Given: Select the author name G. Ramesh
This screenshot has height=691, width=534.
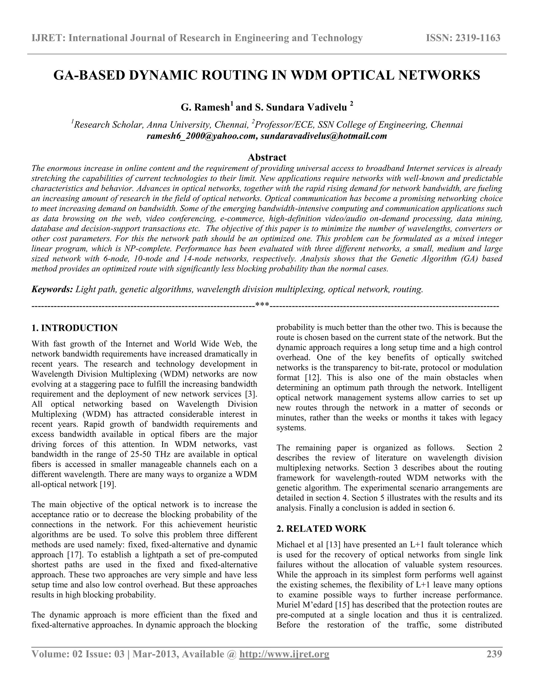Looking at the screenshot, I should [205, 108].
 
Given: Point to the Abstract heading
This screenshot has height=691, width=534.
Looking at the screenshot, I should [267, 157].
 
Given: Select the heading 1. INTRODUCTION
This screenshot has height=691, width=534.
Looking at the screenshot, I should [75, 328].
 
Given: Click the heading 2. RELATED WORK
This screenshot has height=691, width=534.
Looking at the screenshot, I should [321, 529].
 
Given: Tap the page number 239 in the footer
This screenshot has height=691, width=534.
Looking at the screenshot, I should [494, 654].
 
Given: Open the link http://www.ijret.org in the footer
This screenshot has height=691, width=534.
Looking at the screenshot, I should [284, 654].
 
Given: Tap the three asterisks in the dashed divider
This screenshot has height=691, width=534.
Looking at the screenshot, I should [262, 305].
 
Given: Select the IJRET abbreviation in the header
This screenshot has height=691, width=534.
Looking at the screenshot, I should [47, 38].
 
